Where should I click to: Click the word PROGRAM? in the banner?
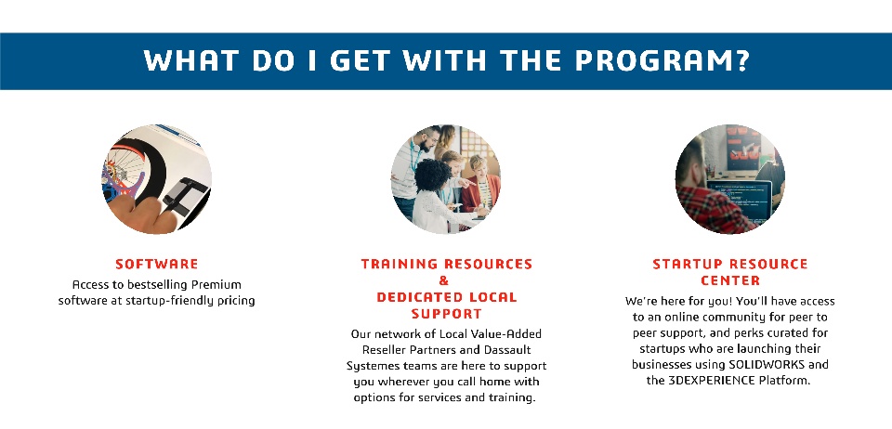(662, 60)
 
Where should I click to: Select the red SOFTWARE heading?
(157, 264)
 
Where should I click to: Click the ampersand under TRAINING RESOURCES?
(444, 280)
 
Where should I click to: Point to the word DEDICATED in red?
(413, 296)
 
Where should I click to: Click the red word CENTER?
(730, 280)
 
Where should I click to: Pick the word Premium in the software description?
(216, 284)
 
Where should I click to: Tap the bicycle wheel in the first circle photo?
(125, 169)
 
